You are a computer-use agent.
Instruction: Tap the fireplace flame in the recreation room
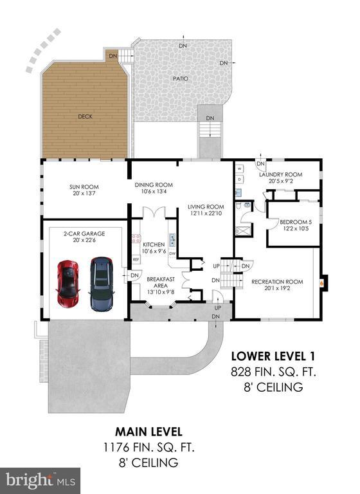click(x=321, y=282)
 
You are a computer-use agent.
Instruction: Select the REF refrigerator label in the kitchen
click(x=136, y=260)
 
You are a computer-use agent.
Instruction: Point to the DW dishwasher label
click(x=172, y=253)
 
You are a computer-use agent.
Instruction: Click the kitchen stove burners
click(x=136, y=239)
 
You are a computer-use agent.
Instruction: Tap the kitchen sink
click(x=172, y=240)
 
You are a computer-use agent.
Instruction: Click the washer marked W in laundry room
click(x=240, y=169)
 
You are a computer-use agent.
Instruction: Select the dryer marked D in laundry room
click(x=240, y=179)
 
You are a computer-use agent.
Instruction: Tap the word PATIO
click(x=181, y=78)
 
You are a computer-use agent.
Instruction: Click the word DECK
click(x=85, y=116)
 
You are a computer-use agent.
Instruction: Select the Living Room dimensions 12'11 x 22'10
click(x=206, y=214)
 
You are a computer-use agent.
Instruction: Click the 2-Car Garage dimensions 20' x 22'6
click(x=84, y=240)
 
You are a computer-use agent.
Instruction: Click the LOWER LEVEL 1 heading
click(x=273, y=356)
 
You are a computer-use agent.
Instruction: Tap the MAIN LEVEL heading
click(x=148, y=432)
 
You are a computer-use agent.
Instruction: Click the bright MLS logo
click(x=40, y=480)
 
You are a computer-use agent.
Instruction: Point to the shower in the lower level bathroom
click(x=244, y=230)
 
